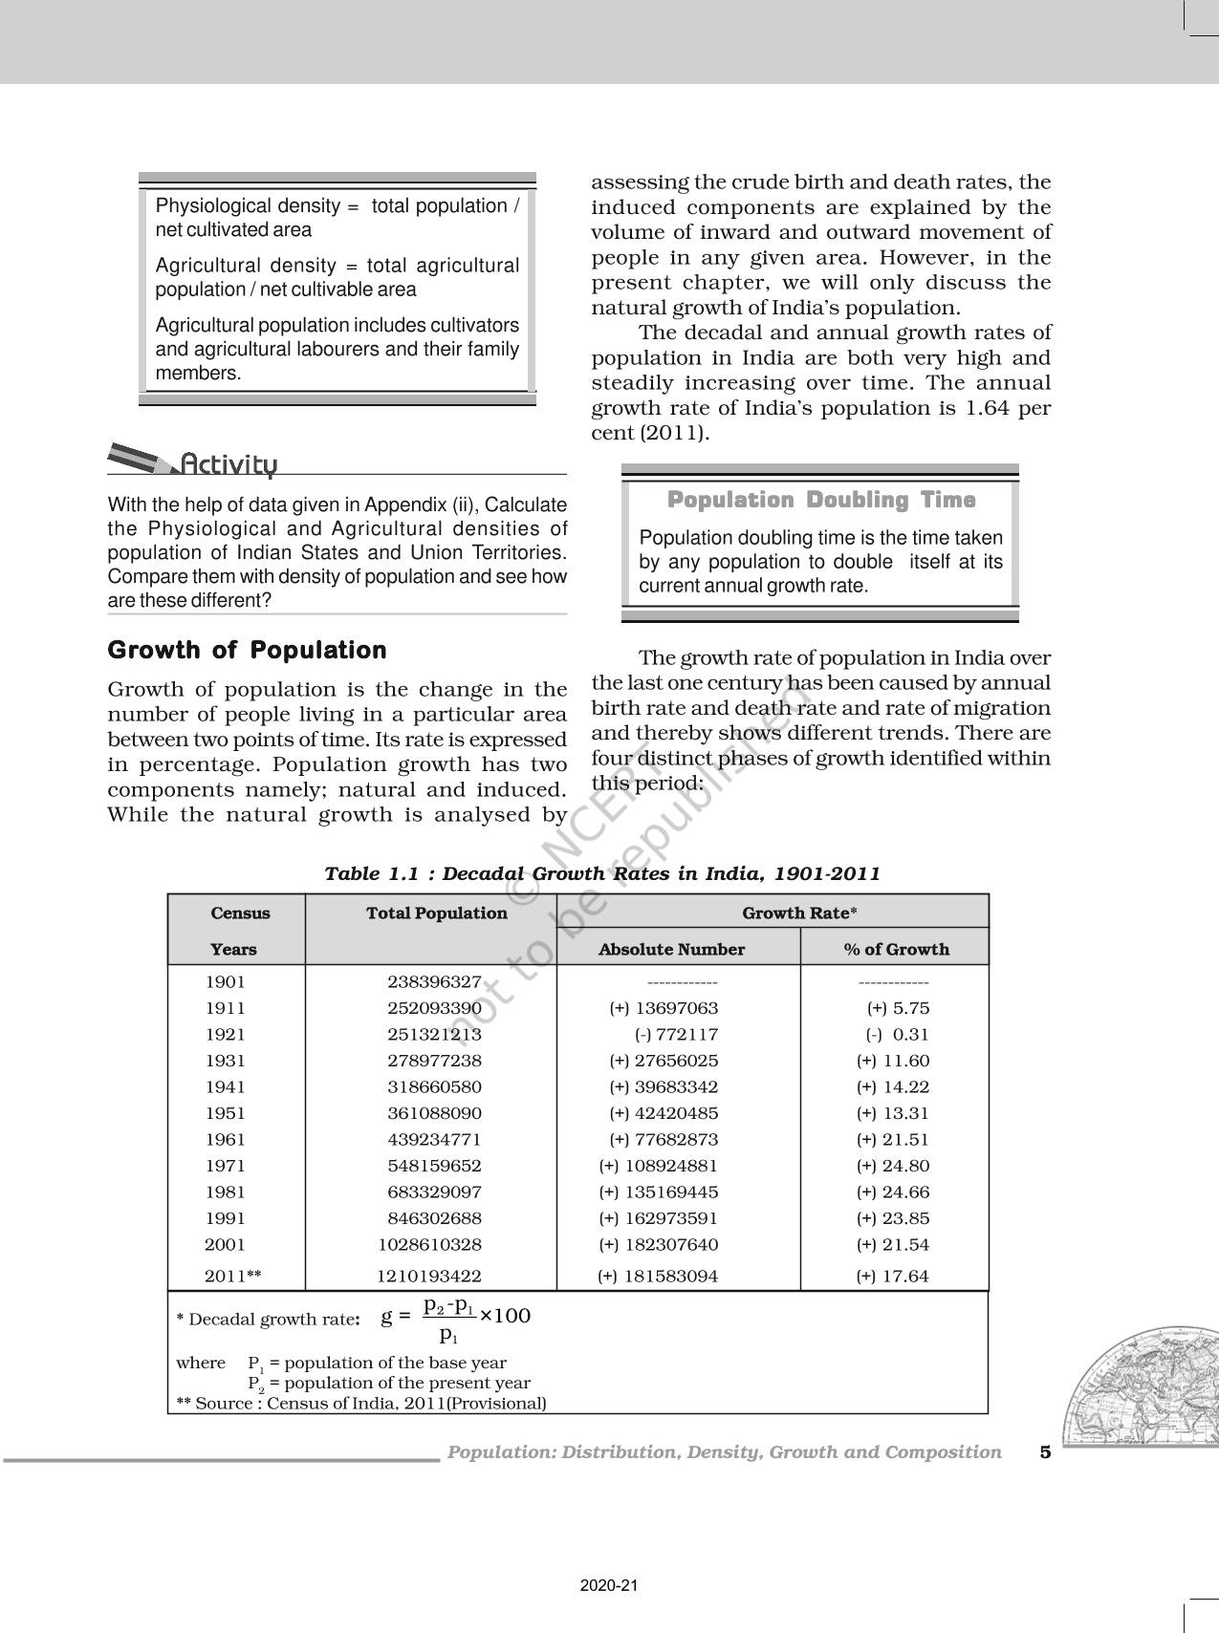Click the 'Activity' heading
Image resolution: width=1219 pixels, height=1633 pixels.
point(229,464)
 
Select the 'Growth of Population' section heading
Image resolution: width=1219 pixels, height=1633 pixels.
point(247,651)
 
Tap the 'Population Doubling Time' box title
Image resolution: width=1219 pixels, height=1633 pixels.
point(820,500)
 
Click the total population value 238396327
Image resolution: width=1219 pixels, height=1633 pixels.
point(434,981)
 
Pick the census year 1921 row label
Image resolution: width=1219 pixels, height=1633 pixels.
point(226,1034)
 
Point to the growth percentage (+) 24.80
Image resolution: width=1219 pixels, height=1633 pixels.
point(893,1166)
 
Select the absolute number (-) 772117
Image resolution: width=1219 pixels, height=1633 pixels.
point(676,1034)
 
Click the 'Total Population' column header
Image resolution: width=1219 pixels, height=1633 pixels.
point(436,913)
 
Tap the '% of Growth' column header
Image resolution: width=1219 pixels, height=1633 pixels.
point(896,949)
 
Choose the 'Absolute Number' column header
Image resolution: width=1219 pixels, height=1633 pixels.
point(671,949)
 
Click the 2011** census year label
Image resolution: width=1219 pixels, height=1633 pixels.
point(232,1276)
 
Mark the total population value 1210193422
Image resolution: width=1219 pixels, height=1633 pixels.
point(428,1276)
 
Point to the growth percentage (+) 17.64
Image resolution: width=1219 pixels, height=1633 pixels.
point(893,1276)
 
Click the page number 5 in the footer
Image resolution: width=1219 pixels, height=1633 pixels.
point(1045,1452)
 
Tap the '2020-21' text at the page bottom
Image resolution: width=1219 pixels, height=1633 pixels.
point(609,1586)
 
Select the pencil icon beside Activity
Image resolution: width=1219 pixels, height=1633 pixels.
point(141,460)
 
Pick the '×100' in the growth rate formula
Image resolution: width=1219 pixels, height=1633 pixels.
point(505,1316)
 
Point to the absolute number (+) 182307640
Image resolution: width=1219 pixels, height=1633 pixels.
point(658,1244)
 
